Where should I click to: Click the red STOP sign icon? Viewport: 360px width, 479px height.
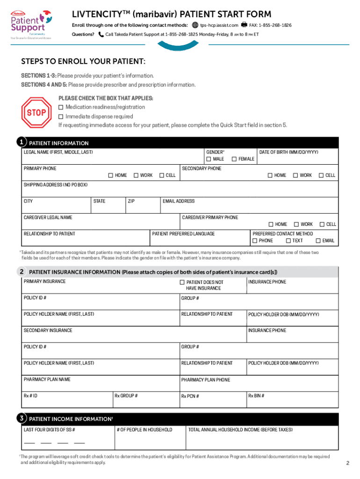coord(36,112)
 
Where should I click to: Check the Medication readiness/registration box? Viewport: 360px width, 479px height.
coord(61,107)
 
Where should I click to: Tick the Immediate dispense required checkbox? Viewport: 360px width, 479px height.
coord(61,116)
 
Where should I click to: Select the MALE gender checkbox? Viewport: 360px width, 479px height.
coord(209,159)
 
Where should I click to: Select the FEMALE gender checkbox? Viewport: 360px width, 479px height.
coord(234,159)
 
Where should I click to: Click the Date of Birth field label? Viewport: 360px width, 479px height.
coord(289,152)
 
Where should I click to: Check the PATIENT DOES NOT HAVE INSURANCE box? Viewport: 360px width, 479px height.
coord(182,283)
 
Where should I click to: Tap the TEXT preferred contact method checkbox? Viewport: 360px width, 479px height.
coord(288,240)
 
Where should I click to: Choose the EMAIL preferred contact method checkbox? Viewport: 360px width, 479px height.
coord(318,240)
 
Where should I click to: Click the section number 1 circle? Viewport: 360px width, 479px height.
coord(21,142)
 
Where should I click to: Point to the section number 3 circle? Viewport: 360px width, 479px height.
coord(21,418)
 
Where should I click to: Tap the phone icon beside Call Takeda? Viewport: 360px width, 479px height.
coord(101,35)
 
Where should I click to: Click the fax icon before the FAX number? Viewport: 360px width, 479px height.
coord(244,25)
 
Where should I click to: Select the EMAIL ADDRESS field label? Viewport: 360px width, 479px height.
coord(179,201)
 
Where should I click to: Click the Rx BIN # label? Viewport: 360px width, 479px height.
coord(256,396)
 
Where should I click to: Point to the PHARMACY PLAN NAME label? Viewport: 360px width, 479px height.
coord(47,379)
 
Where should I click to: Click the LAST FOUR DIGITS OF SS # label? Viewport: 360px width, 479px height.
coord(50,429)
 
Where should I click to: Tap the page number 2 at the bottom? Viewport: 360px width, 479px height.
coord(347,463)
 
